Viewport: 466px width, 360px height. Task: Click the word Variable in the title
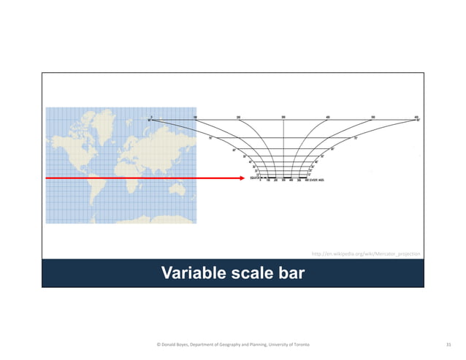point(193,273)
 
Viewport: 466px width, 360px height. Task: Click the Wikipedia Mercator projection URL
point(366,253)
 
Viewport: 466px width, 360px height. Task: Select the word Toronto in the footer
point(299,344)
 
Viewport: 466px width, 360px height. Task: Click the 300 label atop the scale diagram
point(283,116)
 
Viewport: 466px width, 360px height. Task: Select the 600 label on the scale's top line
point(416,116)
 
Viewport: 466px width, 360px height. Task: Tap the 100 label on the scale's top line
point(195,116)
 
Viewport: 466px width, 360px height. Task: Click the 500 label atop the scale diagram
point(373,116)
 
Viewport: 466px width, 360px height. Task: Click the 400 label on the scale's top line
point(328,116)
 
